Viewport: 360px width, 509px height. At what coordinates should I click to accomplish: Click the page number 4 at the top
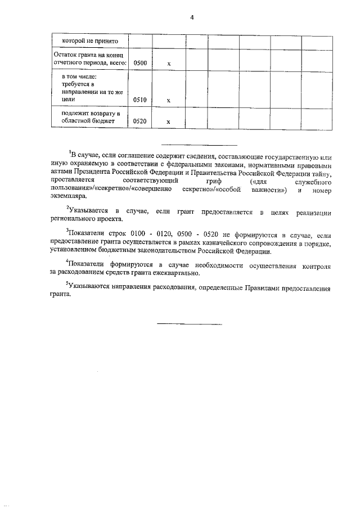tap(192, 17)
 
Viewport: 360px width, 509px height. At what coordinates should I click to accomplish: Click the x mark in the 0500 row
tap(169, 64)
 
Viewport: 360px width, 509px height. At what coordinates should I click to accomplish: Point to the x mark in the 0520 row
tap(169, 122)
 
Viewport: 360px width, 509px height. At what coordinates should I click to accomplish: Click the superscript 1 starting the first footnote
tap(70, 151)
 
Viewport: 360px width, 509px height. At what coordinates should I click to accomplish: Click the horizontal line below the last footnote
tap(189, 324)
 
